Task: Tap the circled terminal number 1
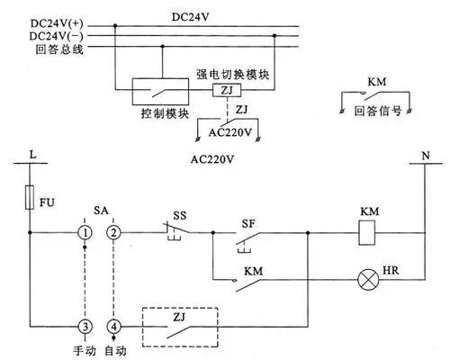[84, 232]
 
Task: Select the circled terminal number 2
[113, 232]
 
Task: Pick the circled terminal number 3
[84, 325]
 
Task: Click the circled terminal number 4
[113, 325]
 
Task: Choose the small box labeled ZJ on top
[223, 92]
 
